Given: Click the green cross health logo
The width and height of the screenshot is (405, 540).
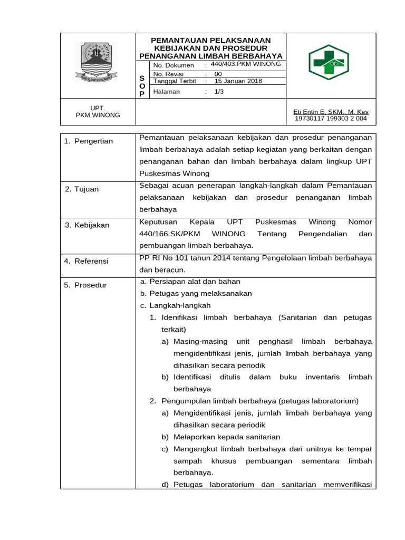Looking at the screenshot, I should click(x=329, y=62).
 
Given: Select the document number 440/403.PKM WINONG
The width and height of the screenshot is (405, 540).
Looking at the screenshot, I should click(x=245, y=64).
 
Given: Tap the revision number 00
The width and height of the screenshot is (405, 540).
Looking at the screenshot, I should click(x=218, y=74).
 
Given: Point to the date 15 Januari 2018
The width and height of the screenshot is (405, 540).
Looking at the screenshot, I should click(x=238, y=81).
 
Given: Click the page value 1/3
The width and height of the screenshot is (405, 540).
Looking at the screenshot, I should click(x=219, y=91).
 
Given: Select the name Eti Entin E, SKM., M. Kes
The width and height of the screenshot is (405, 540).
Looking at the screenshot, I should click(x=331, y=112).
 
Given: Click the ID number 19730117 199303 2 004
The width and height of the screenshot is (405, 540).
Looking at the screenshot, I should click(x=331, y=119).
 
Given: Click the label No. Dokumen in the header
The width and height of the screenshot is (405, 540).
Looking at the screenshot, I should click(x=173, y=65).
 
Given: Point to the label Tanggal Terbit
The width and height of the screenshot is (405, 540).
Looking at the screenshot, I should click(x=175, y=81).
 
